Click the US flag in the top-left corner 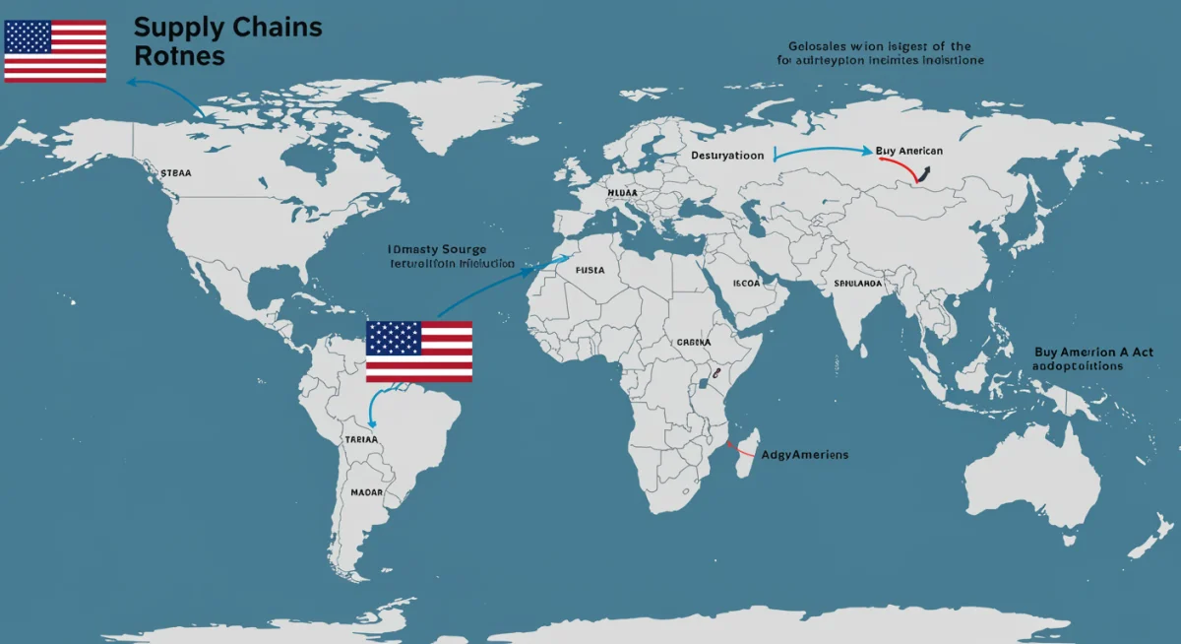click(x=55, y=50)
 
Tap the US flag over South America click(x=419, y=351)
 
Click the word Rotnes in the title click(x=179, y=57)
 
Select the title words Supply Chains click(x=227, y=27)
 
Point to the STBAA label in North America click(x=175, y=172)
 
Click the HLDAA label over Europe click(x=624, y=193)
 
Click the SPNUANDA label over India click(x=858, y=283)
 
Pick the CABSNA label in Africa click(x=693, y=343)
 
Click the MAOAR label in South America click(x=366, y=491)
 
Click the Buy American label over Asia click(x=908, y=151)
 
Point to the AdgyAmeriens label click(x=805, y=455)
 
